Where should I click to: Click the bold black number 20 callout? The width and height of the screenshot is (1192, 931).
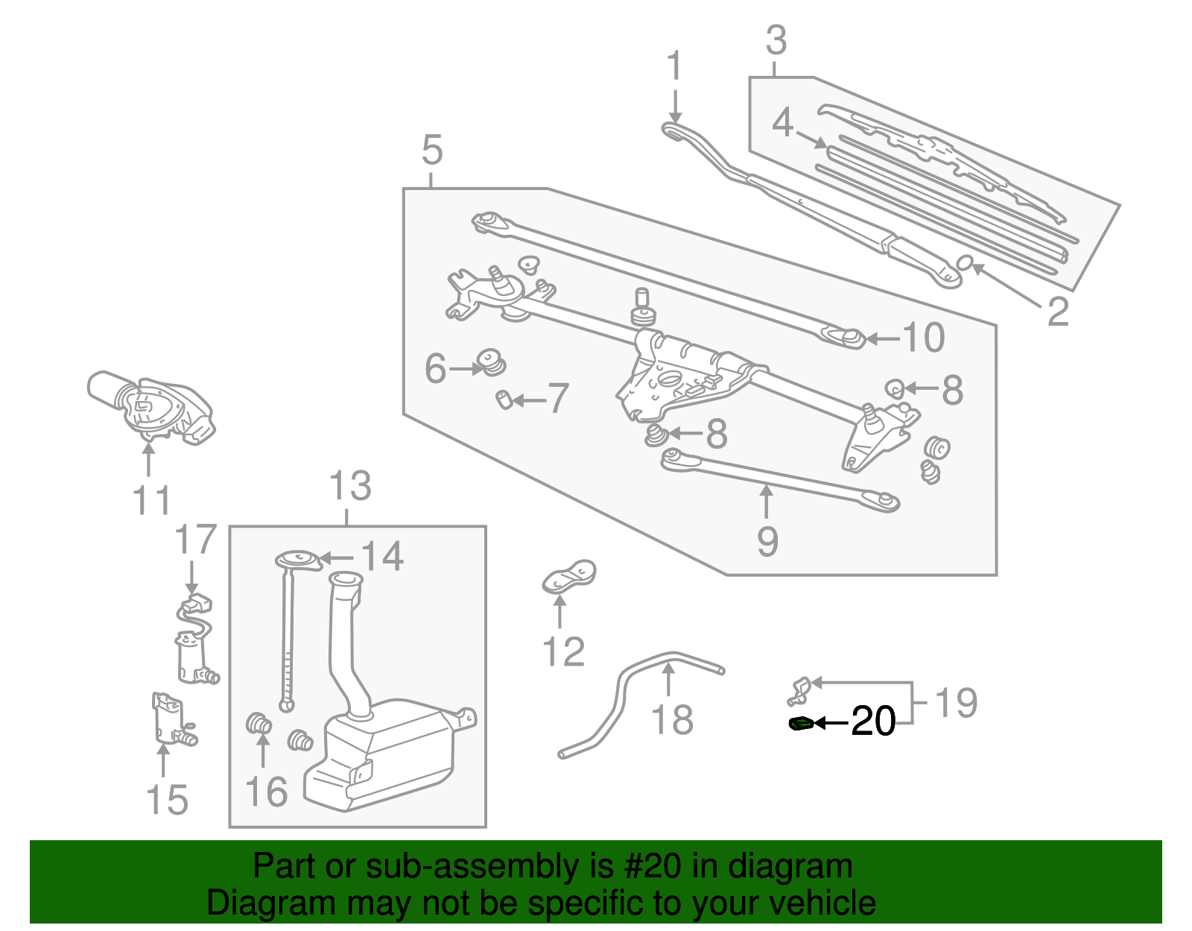tap(873, 722)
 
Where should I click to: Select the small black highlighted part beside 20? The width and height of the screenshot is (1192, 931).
tap(802, 723)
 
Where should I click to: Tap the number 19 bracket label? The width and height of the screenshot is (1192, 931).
tap(956, 703)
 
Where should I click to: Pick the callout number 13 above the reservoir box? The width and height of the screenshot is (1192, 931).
tap(350, 487)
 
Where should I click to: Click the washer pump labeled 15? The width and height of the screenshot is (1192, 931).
tap(169, 719)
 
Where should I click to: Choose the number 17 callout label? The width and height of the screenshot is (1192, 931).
tap(195, 540)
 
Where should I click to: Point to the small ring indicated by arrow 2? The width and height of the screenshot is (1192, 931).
tap(965, 262)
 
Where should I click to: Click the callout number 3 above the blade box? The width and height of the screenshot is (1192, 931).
tap(776, 41)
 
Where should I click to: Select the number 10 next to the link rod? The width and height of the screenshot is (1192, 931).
tap(923, 338)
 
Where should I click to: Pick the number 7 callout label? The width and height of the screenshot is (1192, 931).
tap(558, 399)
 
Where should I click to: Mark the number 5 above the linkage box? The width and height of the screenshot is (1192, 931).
tap(432, 150)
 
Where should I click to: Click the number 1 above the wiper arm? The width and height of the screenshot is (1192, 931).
tap(674, 67)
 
